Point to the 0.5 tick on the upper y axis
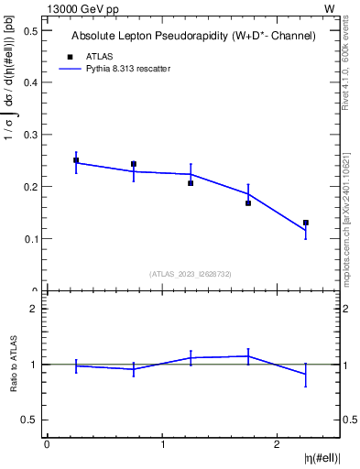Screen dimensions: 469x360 [32, 30]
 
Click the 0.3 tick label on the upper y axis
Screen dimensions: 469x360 [32, 135]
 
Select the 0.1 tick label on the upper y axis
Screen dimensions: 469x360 [32, 239]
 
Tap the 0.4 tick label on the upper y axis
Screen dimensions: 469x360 [32, 82]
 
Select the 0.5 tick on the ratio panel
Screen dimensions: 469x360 [32, 420]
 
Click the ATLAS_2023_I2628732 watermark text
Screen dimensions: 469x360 [191, 273]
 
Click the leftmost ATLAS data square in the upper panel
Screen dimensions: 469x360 [76, 160]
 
